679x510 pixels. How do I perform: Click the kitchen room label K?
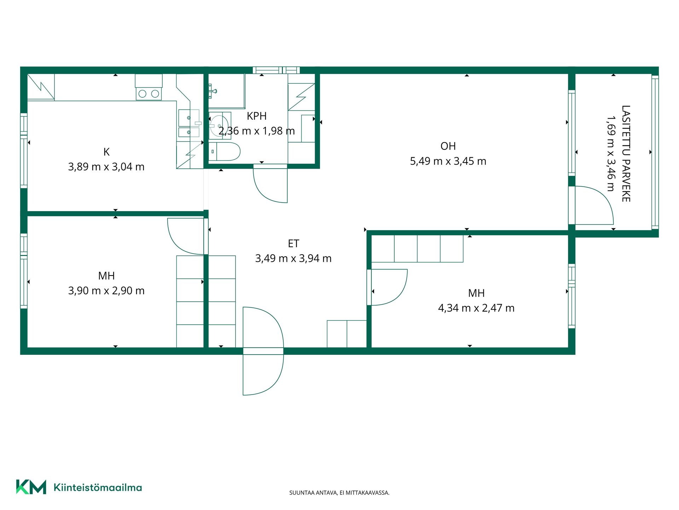(106, 152)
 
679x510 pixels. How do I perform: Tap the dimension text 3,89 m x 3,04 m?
(106, 167)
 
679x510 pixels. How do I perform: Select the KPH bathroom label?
(257, 116)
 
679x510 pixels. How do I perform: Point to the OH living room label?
(448, 146)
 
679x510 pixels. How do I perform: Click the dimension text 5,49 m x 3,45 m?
(448, 161)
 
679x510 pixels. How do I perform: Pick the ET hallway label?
(294, 244)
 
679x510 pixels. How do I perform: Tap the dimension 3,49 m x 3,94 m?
(294, 259)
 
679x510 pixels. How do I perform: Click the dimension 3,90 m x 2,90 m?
(106, 291)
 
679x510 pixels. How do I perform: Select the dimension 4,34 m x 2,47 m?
(476, 308)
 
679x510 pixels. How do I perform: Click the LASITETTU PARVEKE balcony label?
(626, 154)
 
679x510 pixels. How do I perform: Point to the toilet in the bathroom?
(224, 152)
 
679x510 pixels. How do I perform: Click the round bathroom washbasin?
(220, 126)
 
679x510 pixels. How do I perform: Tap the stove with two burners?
(149, 93)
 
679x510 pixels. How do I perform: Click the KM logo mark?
(31, 487)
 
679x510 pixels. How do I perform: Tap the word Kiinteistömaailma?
(98, 487)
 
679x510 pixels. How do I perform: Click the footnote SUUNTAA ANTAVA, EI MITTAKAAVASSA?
(339, 493)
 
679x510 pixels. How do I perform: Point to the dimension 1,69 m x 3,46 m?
(611, 154)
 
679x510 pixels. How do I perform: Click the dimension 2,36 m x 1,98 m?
(257, 131)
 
